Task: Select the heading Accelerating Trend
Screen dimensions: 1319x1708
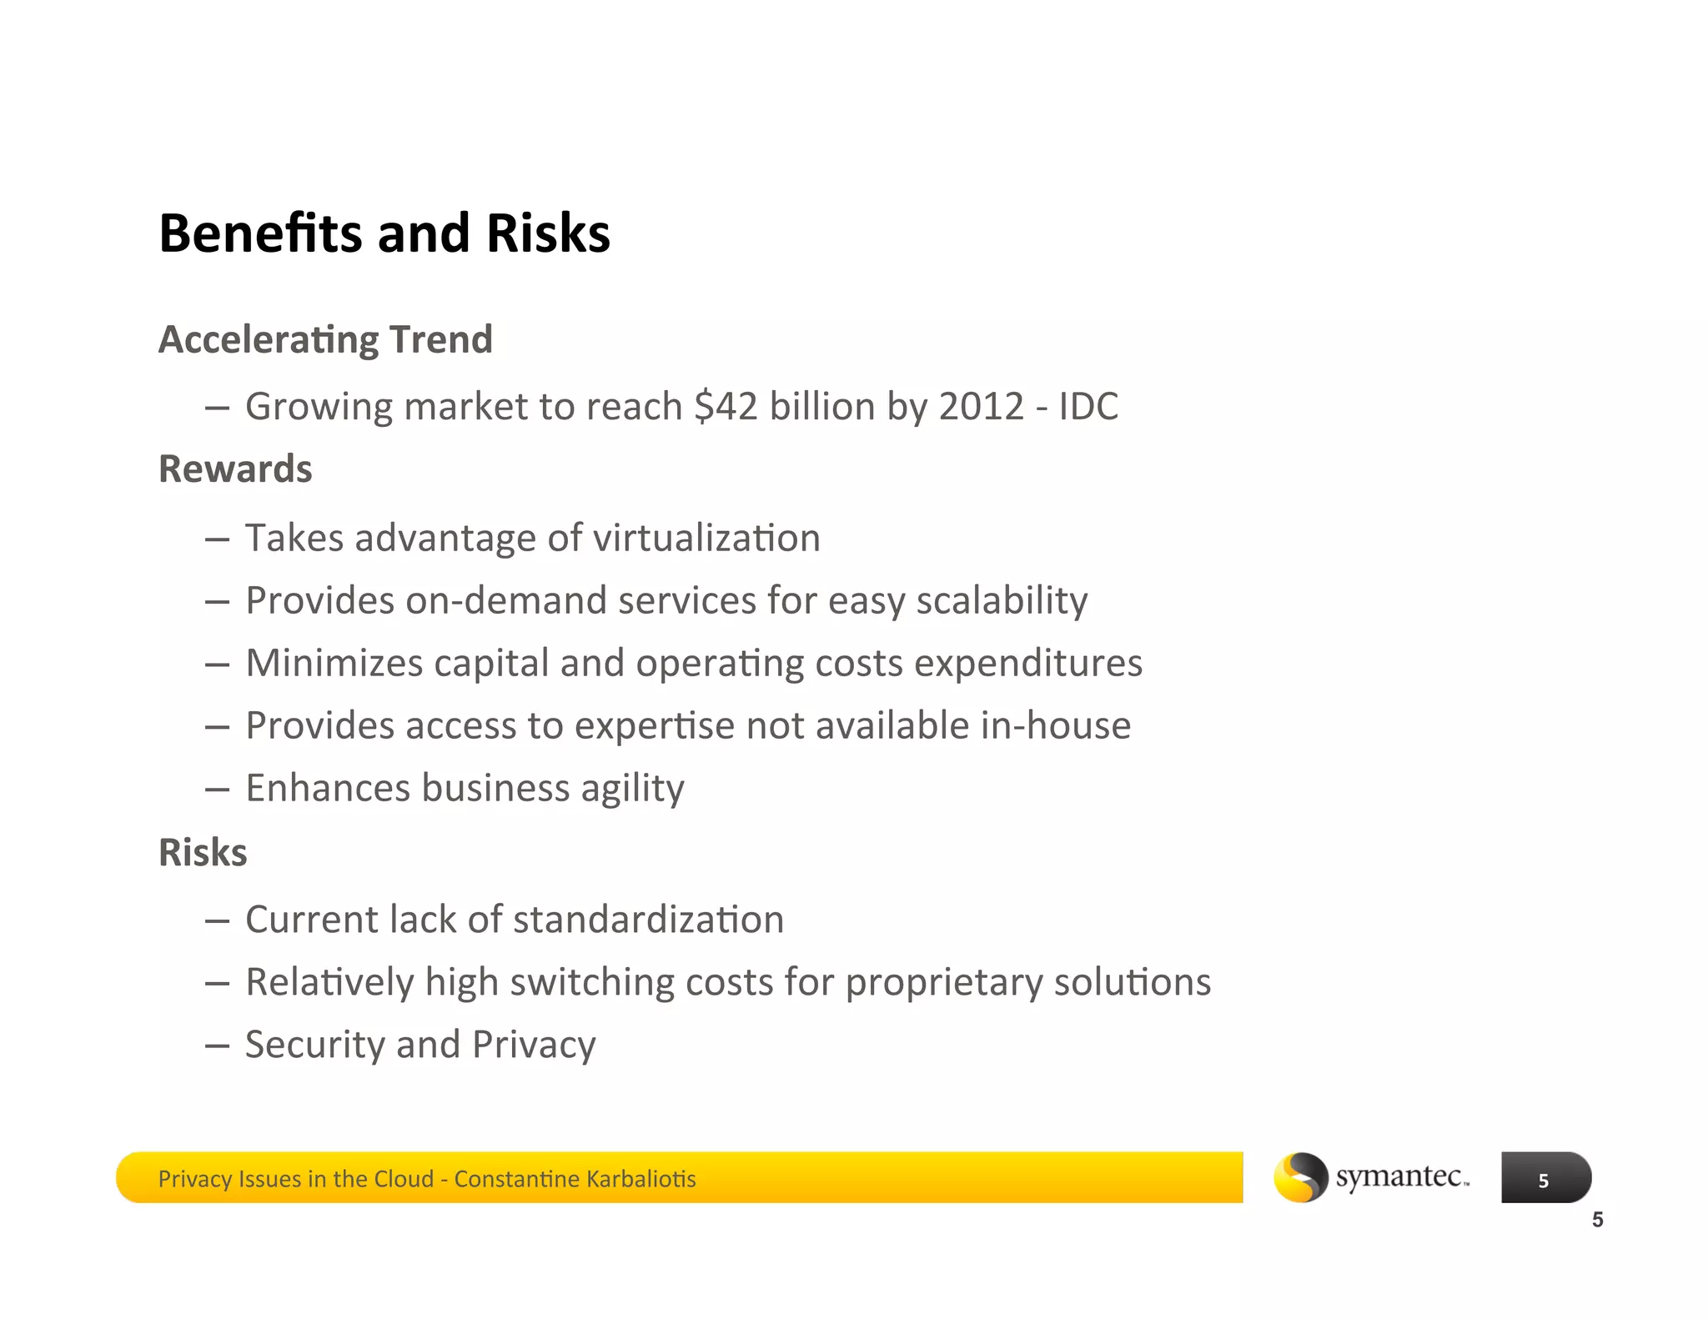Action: pyautogui.click(x=325, y=340)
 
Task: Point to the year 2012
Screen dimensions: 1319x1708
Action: pyautogui.click(x=981, y=407)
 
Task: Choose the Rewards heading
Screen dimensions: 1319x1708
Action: pyautogui.click(x=235, y=469)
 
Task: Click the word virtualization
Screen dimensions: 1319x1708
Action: pyautogui.click(x=706, y=538)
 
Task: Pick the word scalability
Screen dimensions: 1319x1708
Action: pyautogui.click(x=1002, y=601)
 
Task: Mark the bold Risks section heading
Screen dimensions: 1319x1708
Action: pyautogui.click(x=203, y=853)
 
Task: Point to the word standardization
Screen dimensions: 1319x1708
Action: pyautogui.click(x=648, y=920)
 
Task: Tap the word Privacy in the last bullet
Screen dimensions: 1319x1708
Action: pyautogui.click(x=534, y=1046)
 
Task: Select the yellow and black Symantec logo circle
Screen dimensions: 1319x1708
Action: pyautogui.click(x=1300, y=1177)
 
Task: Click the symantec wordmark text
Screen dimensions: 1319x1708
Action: pyautogui.click(x=1401, y=1176)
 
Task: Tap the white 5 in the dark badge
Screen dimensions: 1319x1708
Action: pyautogui.click(x=1543, y=1181)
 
